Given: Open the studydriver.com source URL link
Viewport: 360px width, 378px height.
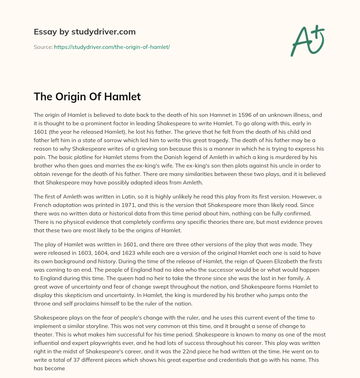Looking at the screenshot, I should point(112,46).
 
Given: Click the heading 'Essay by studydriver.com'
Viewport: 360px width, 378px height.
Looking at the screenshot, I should point(85,32).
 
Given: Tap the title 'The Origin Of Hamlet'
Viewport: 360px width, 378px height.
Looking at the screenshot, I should point(87,97).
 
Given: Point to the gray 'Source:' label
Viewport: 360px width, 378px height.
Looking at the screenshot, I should point(43,46).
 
